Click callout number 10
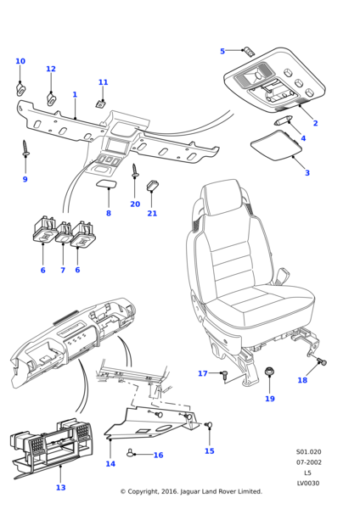(20, 61)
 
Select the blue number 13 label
(61, 487)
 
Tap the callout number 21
(152, 213)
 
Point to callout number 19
(270, 399)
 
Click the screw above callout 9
(25, 148)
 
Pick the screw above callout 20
(135, 171)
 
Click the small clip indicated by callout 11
(101, 103)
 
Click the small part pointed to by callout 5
(250, 51)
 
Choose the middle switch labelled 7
(64, 232)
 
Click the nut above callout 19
(269, 372)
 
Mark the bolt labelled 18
(322, 361)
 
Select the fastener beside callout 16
(131, 452)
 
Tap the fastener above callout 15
(208, 424)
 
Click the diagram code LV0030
(308, 484)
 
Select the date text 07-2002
(309, 462)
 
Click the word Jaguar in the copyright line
(190, 492)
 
